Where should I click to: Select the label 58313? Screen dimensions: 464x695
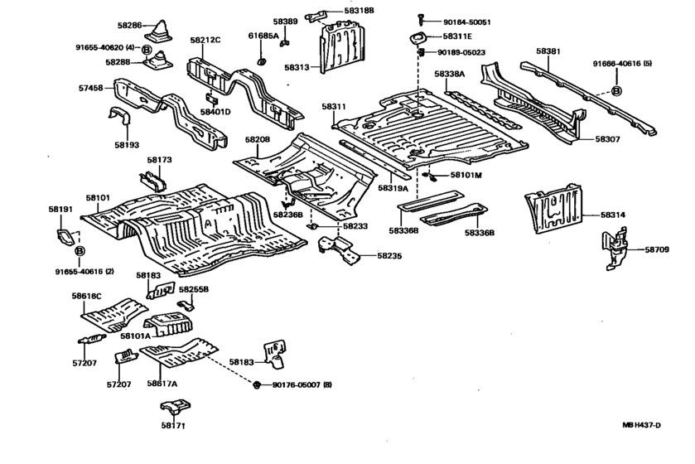[x=297, y=67]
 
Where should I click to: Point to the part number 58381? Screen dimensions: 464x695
[x=548, y=51]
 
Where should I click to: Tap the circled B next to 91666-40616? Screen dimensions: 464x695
[x=616, y=90]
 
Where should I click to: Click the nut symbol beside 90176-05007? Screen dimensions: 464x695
[x=257, y=385]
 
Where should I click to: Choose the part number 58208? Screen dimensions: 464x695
[x=258, y=141]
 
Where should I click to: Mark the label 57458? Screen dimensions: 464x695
[x=92, y=87]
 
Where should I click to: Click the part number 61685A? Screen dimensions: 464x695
[x=263, y=36]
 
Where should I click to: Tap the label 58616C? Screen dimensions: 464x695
[x=86, y=295]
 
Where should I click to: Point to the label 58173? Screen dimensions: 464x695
[x=160, y=159]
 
